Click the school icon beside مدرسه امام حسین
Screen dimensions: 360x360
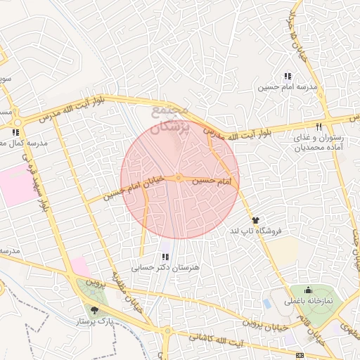[287, 76]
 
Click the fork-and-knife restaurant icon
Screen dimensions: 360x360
[319, 127]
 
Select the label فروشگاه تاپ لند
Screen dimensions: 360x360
[256, 231]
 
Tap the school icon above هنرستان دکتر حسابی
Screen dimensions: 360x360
[166, 257]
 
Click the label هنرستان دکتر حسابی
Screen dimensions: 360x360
[166, 268]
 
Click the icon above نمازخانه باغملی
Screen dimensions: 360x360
[307, 290]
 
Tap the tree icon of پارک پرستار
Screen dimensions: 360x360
[94, 309]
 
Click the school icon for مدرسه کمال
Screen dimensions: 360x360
[15, 131]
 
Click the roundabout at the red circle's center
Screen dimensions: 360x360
[179, 179]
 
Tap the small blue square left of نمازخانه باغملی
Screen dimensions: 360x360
[266, 304]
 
